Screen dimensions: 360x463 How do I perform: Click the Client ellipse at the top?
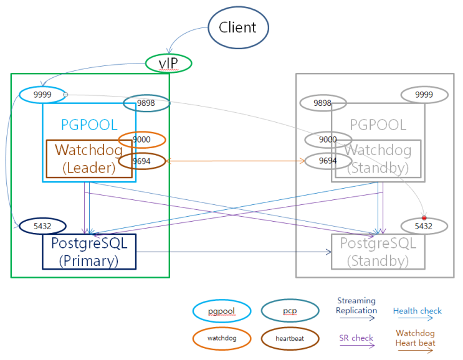pyautogui.click(x=237, y=27)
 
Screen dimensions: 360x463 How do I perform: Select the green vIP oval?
pyautogui.click(x=168, y=63)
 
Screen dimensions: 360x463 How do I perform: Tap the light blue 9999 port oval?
pyautogui.click(x=42, y=95)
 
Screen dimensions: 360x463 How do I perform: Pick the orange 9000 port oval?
pyautogui.click(x=142, y=140)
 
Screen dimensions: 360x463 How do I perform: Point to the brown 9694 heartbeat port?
pyautogui.click(x=142, y=161)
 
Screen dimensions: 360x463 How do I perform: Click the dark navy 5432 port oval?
pyautogui.click(x=42, y=226)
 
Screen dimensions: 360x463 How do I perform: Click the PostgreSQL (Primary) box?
pyautogui.click(x=88, y=252)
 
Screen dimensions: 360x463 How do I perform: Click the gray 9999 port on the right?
pyautogui.click(x=424, y=94)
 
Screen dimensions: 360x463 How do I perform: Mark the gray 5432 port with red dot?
pyautogui.click(x=424, y=226)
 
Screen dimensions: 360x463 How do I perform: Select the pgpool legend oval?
pyautogui.click(x=222, y=310)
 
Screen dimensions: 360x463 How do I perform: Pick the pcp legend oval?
pyautogui.click(x=290, y=310)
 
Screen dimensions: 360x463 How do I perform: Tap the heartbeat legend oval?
pyautogui.click(x=290, y=338)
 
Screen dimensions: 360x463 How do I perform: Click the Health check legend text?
pyautogui.click(x=417, y=311)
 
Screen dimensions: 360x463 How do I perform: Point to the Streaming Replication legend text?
pyautogui.click(x=356, y=306)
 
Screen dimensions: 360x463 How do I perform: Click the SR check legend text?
pyautogui.click(x=356, y=338)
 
